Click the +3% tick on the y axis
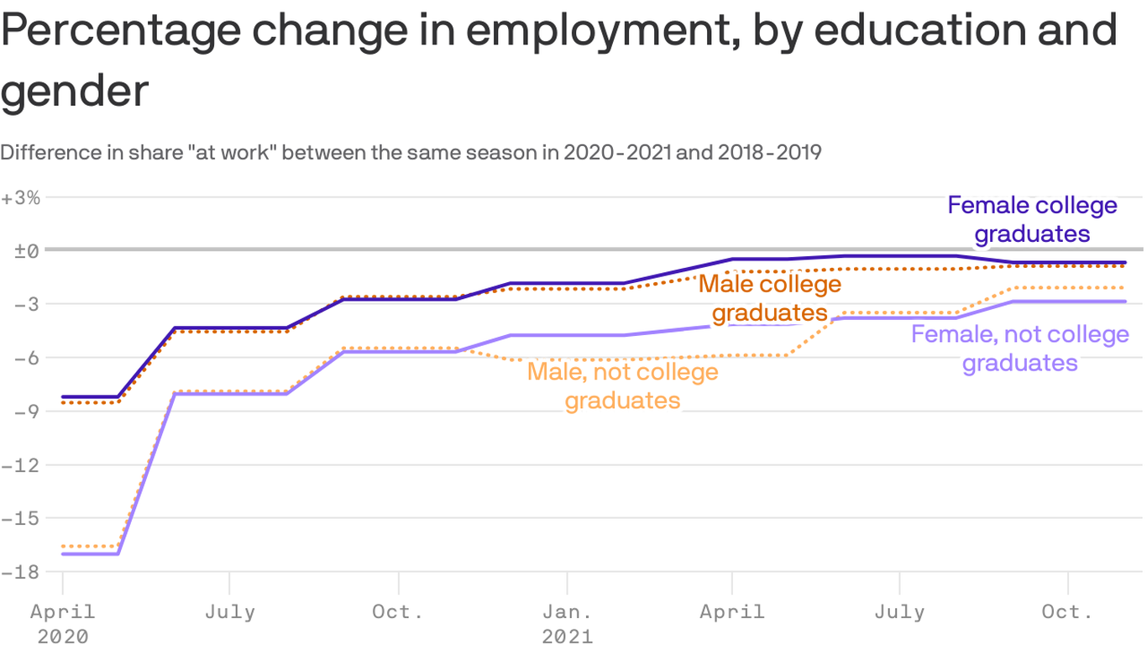[21, 198]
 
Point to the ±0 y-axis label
[21, 251]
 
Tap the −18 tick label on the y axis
[21, 572]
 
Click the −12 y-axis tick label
[21, 465]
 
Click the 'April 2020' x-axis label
[63, 623]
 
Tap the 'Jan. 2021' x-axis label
[567, 623]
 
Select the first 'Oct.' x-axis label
[398, 611]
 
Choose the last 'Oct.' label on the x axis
[1067, 611]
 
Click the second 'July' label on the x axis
[899, 611]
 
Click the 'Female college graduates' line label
[1032, 219]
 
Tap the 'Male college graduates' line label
[770, 298]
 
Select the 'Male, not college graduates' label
[622, 385]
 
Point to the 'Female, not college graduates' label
[1019, 349]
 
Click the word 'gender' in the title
[75, 90]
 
